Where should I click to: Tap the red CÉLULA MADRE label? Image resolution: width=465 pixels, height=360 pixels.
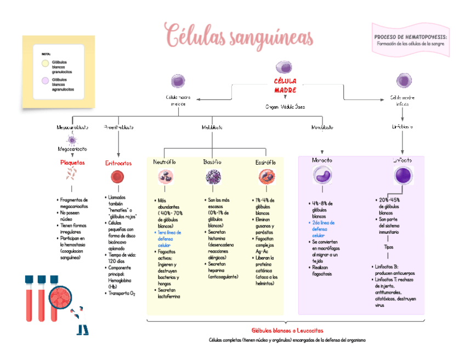point(285,85)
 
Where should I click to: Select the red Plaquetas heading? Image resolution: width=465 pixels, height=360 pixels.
point(72,162)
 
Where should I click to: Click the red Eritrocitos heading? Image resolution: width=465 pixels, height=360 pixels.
point(118,163)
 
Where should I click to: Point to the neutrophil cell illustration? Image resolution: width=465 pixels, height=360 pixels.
point(165,177)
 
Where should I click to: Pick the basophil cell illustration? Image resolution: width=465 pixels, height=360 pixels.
point(212,177)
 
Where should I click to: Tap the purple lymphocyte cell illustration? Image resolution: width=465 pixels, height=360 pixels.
point(403,176)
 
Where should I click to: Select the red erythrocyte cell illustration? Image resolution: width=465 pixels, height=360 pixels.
point(117,177)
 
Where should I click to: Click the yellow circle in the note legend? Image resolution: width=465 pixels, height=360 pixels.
point(45,63)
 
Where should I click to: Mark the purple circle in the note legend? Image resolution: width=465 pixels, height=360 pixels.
point(45,81)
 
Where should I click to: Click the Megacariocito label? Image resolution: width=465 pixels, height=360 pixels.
point(72,149)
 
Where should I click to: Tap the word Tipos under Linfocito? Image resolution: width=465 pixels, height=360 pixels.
point(389,247)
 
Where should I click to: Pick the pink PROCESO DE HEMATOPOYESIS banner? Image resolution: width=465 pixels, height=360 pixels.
point(410,40)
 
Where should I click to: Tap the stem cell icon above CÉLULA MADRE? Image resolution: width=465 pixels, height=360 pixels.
point(283,67)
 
